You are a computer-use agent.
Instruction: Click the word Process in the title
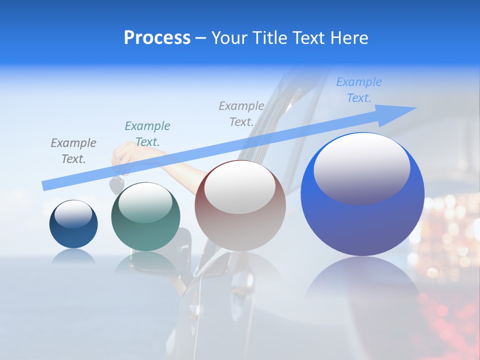(157, 38)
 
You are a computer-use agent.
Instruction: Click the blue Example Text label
(358, 90)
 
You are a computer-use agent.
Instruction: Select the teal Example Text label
(147, 133)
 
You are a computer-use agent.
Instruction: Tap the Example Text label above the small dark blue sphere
(73, 150)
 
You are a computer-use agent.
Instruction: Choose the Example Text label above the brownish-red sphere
(241, 113)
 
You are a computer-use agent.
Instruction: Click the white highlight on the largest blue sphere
(361, 167)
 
